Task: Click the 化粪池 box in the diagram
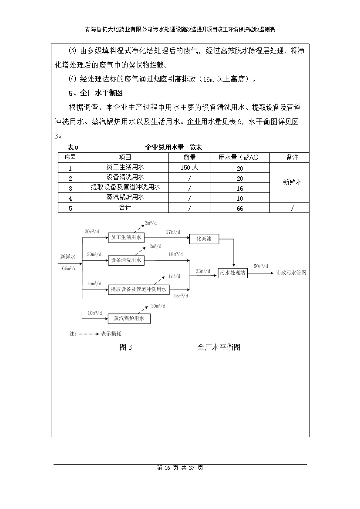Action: coord(204,238)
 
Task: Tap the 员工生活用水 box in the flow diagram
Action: coord(126,237)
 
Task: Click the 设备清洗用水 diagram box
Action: coord(126,260)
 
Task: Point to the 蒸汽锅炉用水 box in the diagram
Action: coord(129,319)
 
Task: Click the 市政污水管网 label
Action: coord(291,273)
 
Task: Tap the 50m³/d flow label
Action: coord(261,266)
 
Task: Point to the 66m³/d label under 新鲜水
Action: coord(69,268)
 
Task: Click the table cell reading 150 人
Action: coord(189,168)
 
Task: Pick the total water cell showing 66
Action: coord(240,209)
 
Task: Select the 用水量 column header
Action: coord(240,158)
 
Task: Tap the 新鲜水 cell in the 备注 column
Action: coord(292,182)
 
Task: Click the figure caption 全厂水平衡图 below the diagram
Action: coord(219,347)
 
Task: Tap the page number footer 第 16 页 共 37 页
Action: coord(180,468)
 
